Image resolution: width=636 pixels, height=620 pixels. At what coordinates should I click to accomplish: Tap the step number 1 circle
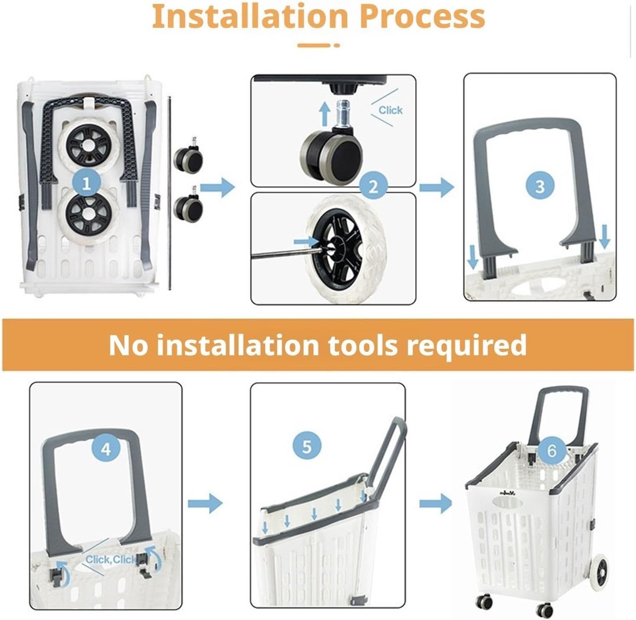pyautogui.click(x=86, y=184)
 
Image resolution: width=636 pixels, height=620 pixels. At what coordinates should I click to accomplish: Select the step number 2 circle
pyautogui.click(x=373, y=187)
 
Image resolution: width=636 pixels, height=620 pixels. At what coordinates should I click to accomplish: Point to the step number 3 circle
pyautogui.click(x=540, y=187)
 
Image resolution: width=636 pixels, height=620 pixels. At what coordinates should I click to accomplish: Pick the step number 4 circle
pyautogui.click(x=106, y=450)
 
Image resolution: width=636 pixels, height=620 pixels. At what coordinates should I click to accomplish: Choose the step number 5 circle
pyautogui.click(x=307, y=447)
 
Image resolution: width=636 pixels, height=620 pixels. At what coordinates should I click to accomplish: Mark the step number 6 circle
pyautogui.click(x=552, y=451)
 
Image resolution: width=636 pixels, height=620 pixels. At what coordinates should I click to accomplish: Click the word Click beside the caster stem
pyautogui.click(x=391, y=110)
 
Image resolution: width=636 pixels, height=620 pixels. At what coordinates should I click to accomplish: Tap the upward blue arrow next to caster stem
pyautogui.click(x=324, y=113)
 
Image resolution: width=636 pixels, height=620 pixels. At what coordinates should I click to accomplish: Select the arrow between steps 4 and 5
pyautogui.click(x=205, y=503)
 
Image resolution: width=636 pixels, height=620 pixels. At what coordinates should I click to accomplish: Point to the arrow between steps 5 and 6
pyautogui.click(x=436, y=503)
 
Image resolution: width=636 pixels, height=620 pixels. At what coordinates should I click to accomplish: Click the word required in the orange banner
pyautogui.click(x=466, y=346)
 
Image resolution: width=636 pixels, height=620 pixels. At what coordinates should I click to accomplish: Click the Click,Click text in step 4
pyautogui.click(x=110, y=560)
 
